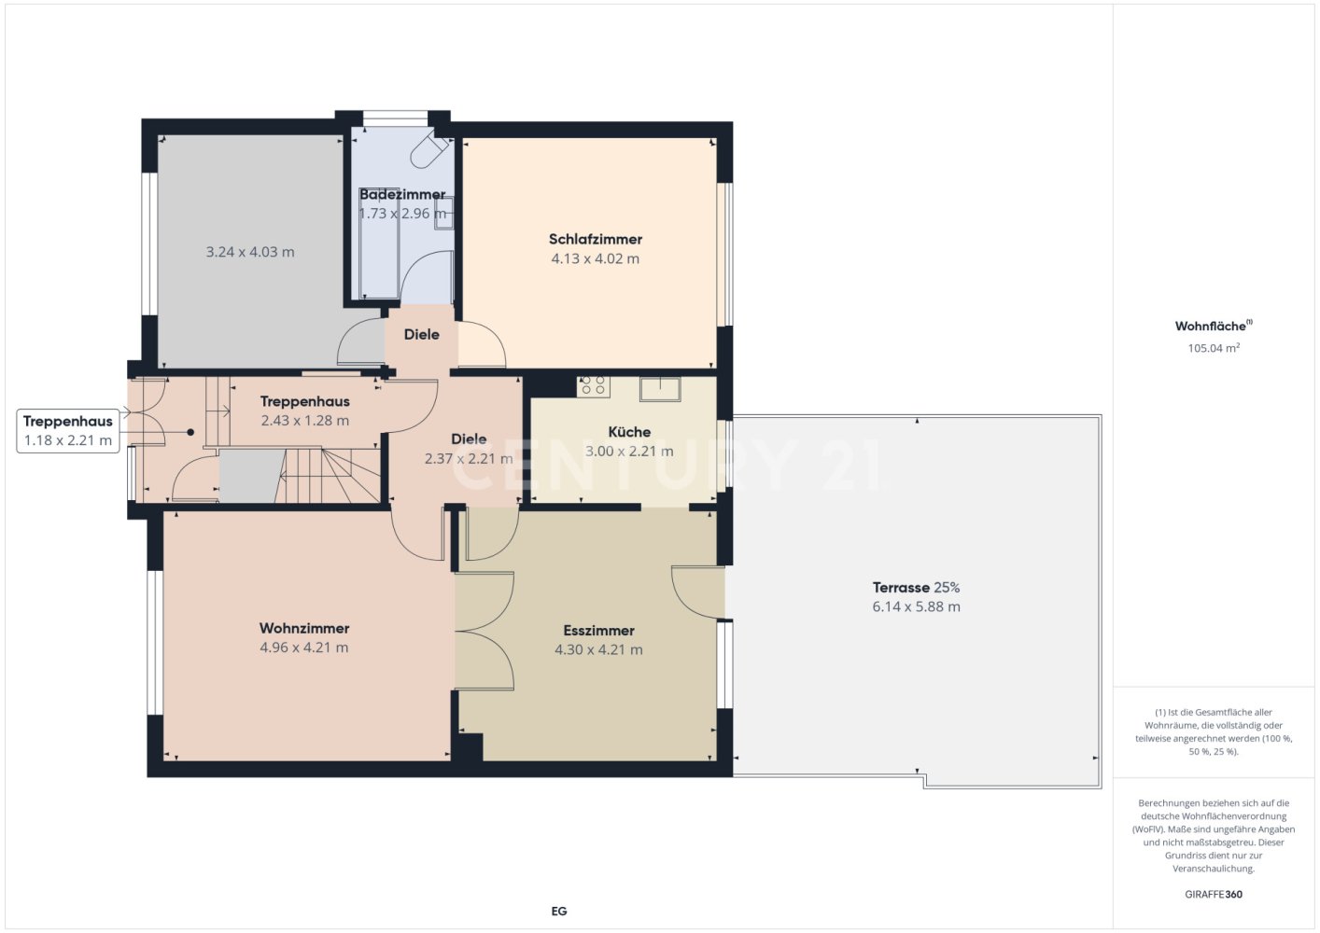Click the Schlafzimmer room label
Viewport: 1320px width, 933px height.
pyautogui.click(x=596, y=239)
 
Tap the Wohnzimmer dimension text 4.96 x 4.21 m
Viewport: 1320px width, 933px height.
pyautogui.click(x=304, y=648)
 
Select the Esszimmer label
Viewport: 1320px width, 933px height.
pyautogui.click(x=598, y=631)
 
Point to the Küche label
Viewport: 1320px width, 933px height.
pyautogui.click(x=629, y=432)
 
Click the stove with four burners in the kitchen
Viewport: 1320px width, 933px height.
pyautogui.click(x=594, y=386)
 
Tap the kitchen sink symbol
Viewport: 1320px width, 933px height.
pyautogui.click(x=660, y=389)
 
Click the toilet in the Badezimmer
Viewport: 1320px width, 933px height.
pyautogui.click(x=428, y=152)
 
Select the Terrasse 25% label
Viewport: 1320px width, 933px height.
pyautogui.click(x=917, y=587)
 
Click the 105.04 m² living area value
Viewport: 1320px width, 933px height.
pyautogui.click(x=1214, y=347)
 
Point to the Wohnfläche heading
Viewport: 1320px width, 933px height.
pyautogui.click(x=1214, y=326)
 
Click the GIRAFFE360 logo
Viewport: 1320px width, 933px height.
pyautogui.click(x=1214, y=894)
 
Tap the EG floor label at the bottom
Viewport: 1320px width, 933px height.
pyautogui.click(x=558, y=912)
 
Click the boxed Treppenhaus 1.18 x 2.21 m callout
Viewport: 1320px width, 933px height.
pyautogui.click(x=68, y=430)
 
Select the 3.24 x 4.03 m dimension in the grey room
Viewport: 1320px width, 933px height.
pyautogui.click(x=250, y=252)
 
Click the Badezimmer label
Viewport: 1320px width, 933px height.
pyautogui.click(x=402, y=194)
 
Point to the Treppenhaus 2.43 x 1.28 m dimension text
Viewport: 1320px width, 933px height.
pyautogui.click(x=304, y=421)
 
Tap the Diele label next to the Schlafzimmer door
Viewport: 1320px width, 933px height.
pyautogui.click(x=421, y=335)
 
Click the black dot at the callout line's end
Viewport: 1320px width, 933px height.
pyautogui.click(x=190, y=432)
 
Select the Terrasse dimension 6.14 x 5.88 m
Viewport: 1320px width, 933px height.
pyautogui.click(x=917, y=606)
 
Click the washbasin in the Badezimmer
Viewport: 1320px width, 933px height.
pyautogui.click(x=443, y=212)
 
